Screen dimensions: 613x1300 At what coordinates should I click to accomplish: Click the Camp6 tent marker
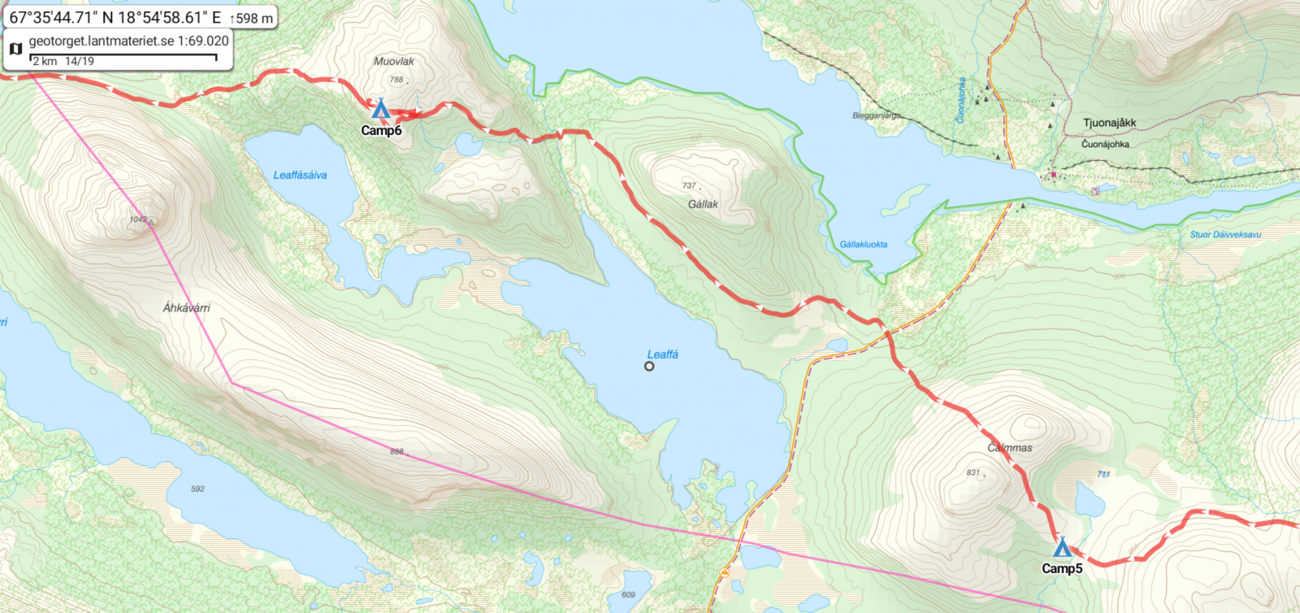[380, 108]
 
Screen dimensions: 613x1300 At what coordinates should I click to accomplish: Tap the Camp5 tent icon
[1062, 546]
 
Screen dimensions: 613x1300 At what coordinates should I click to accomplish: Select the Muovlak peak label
[394, 62]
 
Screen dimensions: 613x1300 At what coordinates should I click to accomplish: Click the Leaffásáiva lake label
[300, 175]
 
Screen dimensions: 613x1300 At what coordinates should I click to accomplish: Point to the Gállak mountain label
[703, 204]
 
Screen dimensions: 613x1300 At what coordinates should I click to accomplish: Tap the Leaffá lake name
[662, 354]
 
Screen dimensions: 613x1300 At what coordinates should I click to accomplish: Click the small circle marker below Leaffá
[649, 367]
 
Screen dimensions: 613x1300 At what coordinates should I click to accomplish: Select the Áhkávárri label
[186, 307]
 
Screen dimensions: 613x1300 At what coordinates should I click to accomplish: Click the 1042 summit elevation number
[137, 220]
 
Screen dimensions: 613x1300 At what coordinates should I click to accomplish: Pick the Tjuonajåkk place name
[1109, 123]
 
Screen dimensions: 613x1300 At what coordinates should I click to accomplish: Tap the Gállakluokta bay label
[863, 244]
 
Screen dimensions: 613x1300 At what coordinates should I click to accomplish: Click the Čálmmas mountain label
[1010, 448]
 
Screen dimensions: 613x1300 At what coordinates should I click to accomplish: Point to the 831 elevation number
[973, 472]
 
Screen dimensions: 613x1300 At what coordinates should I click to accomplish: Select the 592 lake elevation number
[197, 489]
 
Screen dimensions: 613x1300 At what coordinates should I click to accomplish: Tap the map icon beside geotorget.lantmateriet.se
[15, 49]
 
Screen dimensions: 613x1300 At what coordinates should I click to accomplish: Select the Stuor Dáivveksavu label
[1225, 234]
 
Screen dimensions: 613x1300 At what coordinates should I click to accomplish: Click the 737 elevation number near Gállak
[689, 185]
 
